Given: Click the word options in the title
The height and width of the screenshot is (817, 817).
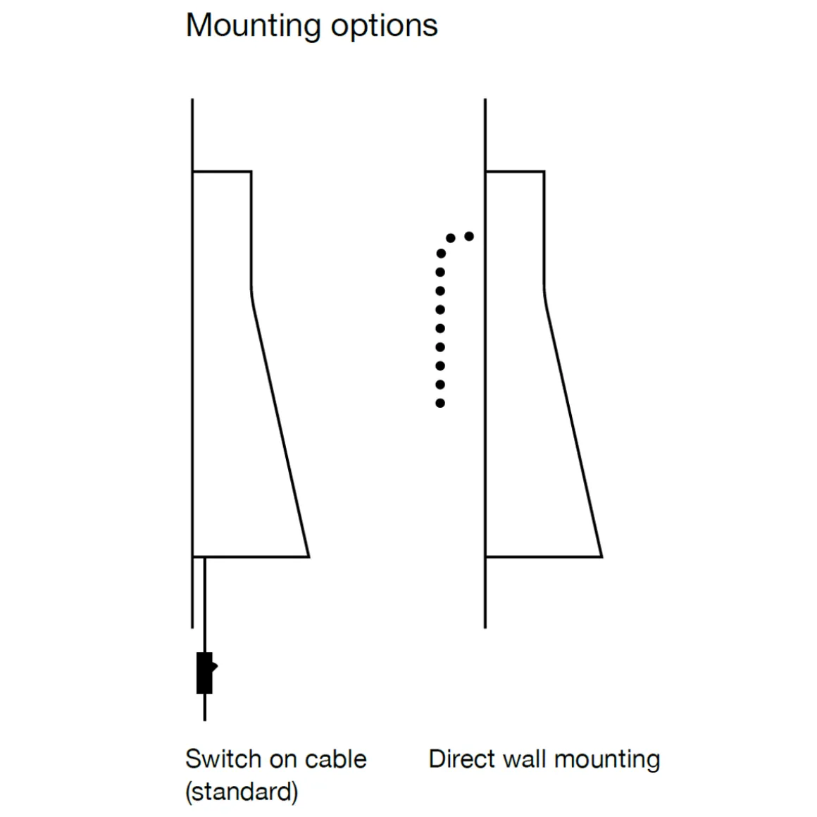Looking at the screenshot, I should pos(385,26).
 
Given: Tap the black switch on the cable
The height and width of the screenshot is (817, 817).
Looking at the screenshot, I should pos(205,673).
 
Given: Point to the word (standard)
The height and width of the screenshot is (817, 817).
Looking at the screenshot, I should pos(242,792).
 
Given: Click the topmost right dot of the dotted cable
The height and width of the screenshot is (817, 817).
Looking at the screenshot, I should pos(469,237).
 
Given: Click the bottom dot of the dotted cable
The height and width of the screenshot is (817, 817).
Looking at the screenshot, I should pos(440,404).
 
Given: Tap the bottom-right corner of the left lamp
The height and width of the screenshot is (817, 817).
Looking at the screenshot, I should pos(308,556).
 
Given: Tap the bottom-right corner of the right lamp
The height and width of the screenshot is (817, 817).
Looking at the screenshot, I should pos(601,556).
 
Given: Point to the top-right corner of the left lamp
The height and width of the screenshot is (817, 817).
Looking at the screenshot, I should pos(251,171).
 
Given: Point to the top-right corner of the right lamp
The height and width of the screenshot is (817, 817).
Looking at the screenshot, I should pos(544,171).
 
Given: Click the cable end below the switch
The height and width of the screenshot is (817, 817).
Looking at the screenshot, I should pos(205,719).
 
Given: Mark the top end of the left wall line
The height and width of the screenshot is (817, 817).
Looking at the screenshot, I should pos(192,100).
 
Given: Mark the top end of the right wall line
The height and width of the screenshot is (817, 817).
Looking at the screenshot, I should pos(485,100).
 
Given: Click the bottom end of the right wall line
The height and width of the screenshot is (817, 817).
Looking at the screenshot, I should pos(485,626).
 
